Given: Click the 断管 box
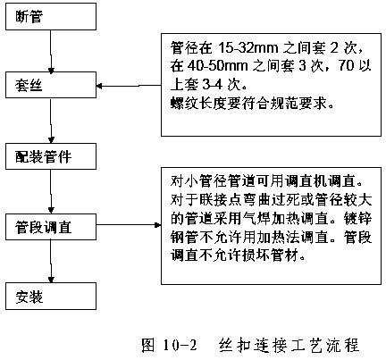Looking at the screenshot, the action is pos(51,17).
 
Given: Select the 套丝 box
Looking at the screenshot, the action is pos(51,85).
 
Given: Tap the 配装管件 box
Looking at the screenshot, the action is pos(51,156).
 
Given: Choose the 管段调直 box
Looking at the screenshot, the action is pos(51,227).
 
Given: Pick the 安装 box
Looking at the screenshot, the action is pos(51,297).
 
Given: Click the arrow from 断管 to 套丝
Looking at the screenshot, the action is pos(51,51).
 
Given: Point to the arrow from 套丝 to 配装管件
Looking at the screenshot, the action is pos(51,121).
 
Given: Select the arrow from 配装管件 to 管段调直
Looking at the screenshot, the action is pos(51,191).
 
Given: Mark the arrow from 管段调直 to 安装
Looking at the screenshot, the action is pos(51,261).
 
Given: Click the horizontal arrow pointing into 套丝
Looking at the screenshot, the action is pos(129,86).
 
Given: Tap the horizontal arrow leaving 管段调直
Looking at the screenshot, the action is pos(129,225).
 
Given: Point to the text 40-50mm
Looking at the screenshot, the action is pos(217,66).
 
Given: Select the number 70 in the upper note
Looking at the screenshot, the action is pos(346,66).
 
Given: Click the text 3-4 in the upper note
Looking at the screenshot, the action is pos(213,85).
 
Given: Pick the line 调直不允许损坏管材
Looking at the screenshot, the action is pos(238,255).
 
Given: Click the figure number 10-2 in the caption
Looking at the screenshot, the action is pos(180,346).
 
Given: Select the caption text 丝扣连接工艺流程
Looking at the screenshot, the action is pos(289,346).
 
